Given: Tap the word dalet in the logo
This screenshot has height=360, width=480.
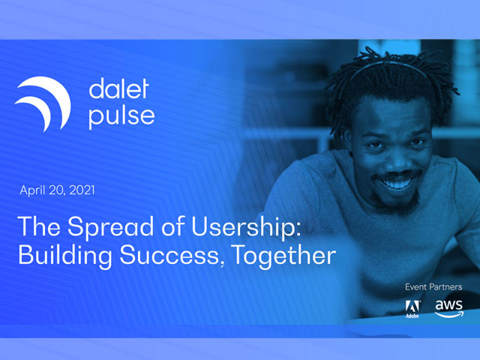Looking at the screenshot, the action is [x=118, y=88].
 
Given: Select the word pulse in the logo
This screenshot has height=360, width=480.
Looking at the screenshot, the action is [x=121, y=117].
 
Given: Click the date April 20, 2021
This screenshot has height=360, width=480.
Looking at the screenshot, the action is [x=57, y=190].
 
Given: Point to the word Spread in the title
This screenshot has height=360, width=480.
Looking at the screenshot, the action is [x=110, y=227].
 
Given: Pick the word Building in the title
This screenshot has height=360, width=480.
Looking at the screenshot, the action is [x=65, y=255].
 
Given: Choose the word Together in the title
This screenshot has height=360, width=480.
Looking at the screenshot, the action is [x=283, y=255].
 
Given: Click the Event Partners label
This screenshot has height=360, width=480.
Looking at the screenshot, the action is [x=433, y=286].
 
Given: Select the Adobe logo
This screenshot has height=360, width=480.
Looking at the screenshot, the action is [x=412, y=308].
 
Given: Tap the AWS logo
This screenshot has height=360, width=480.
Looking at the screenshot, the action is [x=449, y=308].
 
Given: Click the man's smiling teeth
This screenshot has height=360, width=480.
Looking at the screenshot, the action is [x=396, y=184].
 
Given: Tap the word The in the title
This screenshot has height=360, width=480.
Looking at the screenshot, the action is [x=39, y=226].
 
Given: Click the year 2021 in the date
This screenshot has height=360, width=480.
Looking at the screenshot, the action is [x=82, y=190].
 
